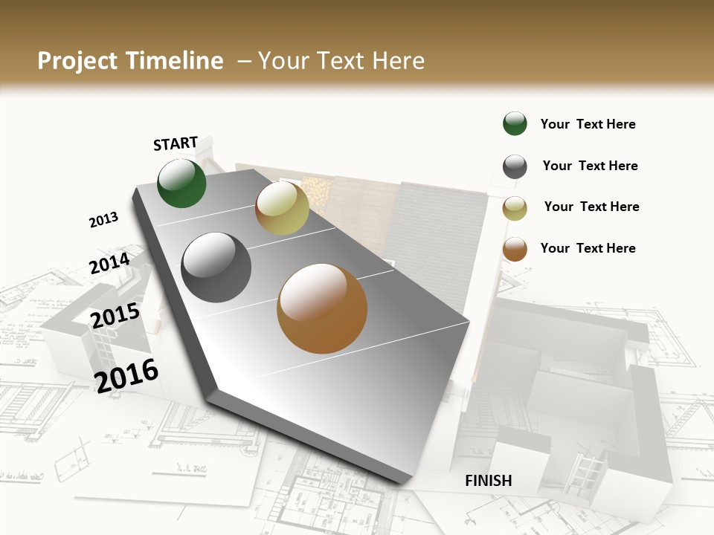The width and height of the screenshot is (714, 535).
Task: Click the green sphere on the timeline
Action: (x=182, y=183)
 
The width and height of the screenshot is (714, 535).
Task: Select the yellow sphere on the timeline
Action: (x=282, y=208)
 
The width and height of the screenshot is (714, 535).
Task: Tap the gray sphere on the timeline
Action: (x=216, y=267)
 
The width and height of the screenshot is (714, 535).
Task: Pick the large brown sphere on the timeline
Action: (x=322, y=308)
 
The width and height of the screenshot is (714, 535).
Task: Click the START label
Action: (x=176, y=143)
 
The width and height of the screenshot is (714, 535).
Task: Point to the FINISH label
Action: (x=489, y=481)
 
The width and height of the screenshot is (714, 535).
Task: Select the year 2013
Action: (x=103, y=220)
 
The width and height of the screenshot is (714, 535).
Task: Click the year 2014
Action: (x=109, y=264)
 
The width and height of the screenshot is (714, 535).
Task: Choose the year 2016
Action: (x=126, y=375)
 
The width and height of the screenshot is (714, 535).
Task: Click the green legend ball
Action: (x=515, y=124)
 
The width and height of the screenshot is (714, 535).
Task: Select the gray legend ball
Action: (x=515, y=166)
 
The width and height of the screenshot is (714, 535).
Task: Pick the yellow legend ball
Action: (x=515, y=208)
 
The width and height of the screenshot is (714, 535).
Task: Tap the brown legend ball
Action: (x=515, y=250)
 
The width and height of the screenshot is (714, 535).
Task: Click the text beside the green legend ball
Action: (x=588, y=124)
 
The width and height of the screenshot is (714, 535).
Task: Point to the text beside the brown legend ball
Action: (x=588, y=248)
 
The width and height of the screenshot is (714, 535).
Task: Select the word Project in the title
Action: (x=77, y=61)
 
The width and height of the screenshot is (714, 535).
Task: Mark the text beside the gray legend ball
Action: (x=590, y=166)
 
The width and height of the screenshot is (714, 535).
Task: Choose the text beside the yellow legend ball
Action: (x=591, y=207)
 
